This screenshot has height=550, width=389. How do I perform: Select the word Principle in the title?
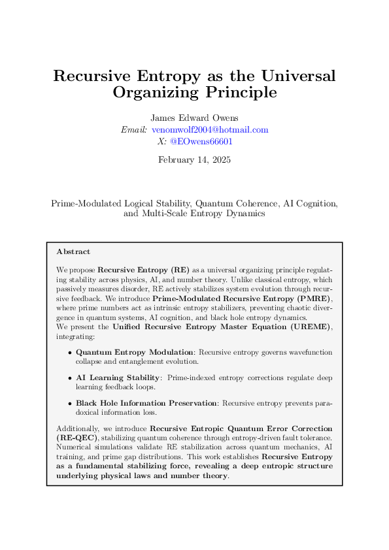point(237,93)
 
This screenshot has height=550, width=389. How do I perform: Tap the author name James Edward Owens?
point(194,118)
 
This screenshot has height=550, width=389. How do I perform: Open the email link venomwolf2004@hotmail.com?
point(210,129)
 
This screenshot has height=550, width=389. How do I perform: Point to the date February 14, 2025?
point(194,159)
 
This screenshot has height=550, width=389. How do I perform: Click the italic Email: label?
point(134,129)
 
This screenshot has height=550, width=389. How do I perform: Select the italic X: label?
point(161,141)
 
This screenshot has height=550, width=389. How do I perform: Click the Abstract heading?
point(73,251)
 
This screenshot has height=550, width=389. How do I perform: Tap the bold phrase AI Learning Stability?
point(118,377)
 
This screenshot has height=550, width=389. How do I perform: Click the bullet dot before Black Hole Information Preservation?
point(69,403)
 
